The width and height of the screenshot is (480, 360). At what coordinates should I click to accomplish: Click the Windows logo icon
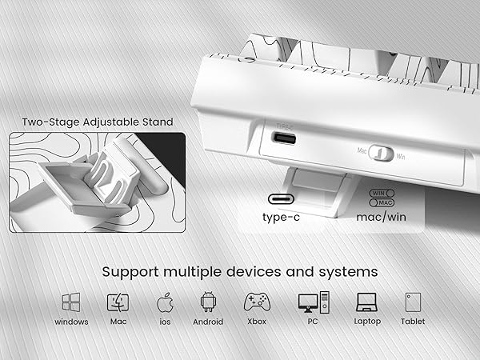tap(71, 302)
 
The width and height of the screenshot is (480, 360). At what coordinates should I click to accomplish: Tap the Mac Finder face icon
tap(118, 302)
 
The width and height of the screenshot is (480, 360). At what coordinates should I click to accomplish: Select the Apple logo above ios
tap(166, 302)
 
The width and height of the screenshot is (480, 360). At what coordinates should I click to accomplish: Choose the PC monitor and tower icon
tap(313, 302)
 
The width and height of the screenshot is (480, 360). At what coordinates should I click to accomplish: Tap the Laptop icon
tap(366, 302)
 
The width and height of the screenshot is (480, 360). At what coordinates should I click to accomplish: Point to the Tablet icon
tap(413, 302)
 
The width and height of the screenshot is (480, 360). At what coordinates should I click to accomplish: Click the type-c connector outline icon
tap(286, 198)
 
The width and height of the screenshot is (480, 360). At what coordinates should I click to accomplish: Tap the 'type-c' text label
tap(286, 217)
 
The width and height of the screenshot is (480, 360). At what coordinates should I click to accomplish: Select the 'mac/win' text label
tap(382, 217)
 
